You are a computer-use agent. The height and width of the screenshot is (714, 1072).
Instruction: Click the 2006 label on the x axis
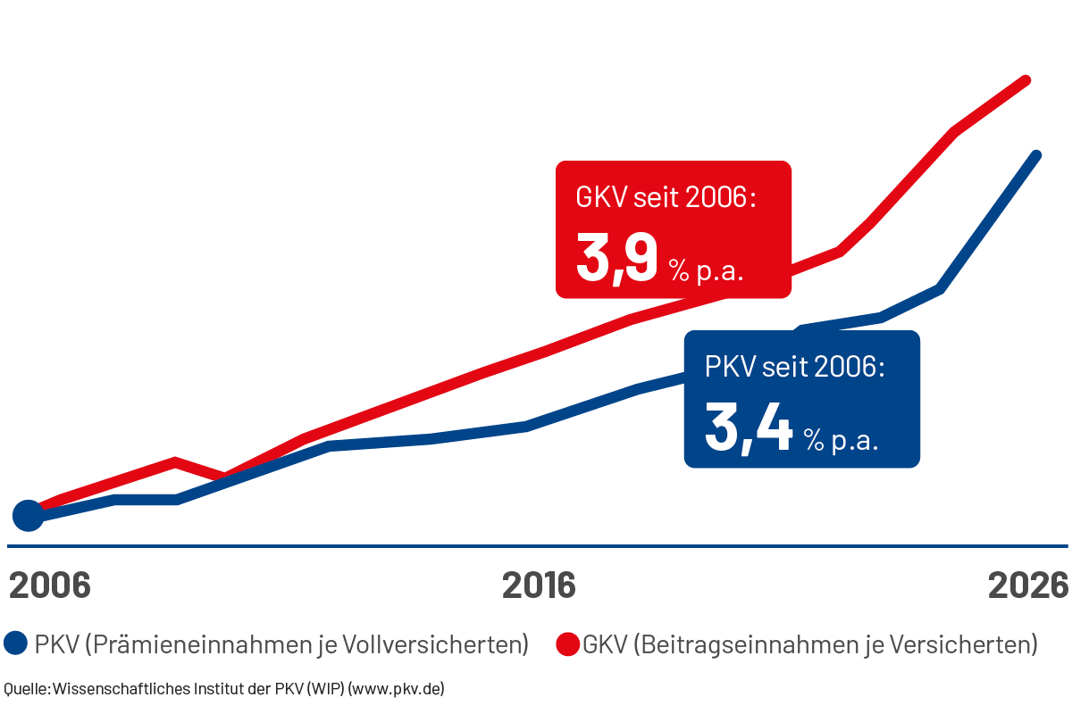pyautogui.click(x=50, y=585)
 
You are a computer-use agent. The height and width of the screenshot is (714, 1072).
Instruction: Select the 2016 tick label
pyautogui.click(x=539, y=585)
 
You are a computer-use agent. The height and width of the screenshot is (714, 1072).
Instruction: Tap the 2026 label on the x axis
pyautogui.click(x=1028, y=585)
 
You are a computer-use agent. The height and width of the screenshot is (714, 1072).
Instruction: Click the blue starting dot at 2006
pyautogui.click(x=29, y=515)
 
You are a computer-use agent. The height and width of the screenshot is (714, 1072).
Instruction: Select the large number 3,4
pyautogui.click(x=749, y=428)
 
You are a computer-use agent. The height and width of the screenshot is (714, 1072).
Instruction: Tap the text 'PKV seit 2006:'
pyautogui.click(x=794, y=368)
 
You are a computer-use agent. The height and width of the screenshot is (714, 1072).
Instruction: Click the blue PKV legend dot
pyautogui.click(x=15, y=643)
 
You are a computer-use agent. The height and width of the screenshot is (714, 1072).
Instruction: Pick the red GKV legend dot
pyautogui.click(x=567, y=643)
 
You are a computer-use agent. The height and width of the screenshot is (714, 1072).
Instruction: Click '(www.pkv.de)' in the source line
pyautogui.click(x=396, y=688)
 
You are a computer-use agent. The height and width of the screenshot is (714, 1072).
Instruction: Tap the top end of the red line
pyautogui.click(x=1028, y=80)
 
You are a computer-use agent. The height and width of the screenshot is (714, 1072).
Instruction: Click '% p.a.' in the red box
pyautogui.click(x=707, y=270)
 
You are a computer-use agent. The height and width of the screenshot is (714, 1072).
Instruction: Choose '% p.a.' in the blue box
pyautogui.click(x=840, y=439)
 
